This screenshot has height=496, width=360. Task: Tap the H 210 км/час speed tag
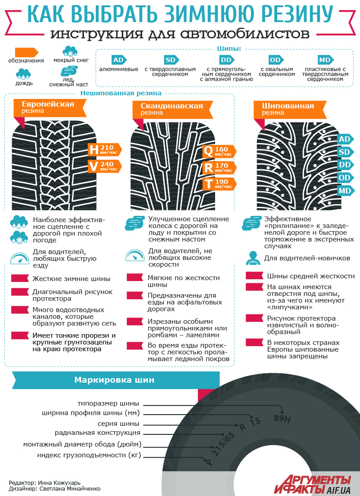(x=105, y=150)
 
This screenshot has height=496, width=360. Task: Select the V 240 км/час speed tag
(x=105, y=166)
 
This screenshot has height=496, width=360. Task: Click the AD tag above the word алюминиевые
(x=118, y=60)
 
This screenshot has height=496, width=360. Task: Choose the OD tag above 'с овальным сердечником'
(x=275, y=60)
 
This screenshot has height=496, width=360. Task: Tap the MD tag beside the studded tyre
(x=344, y=191)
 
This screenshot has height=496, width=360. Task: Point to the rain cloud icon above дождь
(x=23, y=74)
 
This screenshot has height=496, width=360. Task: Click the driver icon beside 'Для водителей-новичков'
(x=251, y=259)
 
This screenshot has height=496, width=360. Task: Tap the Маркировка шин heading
(x=114, y=380)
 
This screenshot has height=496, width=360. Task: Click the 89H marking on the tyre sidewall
(x=283, y=419)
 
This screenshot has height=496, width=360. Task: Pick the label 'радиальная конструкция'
(x=98, y=433)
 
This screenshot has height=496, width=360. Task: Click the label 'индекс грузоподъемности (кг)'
(x=89, y=456)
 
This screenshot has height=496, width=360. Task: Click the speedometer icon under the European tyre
(x=19, y=259)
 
